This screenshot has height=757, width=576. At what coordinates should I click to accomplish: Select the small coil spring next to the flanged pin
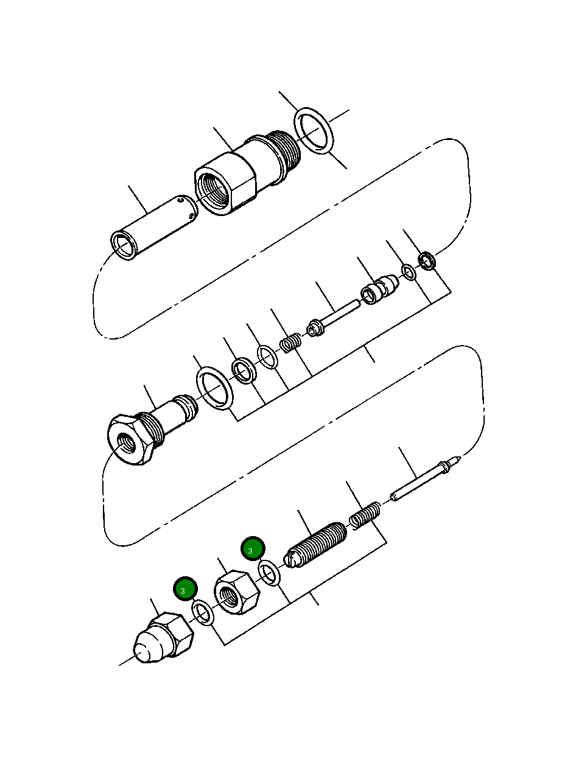pos(291,344)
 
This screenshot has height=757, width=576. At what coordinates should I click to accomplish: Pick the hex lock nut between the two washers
pos(236,593)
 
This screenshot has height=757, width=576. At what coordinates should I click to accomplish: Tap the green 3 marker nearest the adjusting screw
pos(251,549)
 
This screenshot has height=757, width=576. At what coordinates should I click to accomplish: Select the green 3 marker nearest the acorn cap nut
pos(184,589)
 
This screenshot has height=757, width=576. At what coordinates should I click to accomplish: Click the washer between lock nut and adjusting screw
pos(269,573)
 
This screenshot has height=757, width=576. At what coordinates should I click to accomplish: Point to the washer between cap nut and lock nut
pos(203,612)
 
